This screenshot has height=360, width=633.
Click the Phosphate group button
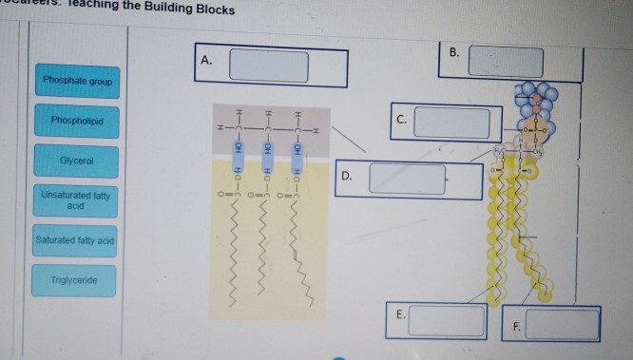[78, 81]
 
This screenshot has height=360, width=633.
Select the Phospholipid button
[78, 122]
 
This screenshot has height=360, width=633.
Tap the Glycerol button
[77, 161]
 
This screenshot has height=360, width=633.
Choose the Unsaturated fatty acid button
[77, 199]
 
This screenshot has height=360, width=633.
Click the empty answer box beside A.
[268, 66]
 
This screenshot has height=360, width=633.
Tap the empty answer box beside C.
[451, 123]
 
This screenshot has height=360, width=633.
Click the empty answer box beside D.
[407, 179]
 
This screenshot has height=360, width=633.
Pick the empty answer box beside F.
[563, 325]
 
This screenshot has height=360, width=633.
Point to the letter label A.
[207, 62]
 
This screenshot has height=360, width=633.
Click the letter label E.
[400, 314]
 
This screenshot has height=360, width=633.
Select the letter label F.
[517, 326]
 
